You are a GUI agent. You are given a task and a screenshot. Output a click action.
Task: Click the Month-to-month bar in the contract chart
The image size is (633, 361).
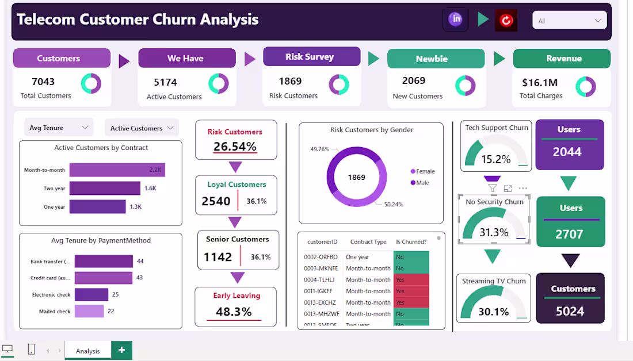click(x=117, y=170)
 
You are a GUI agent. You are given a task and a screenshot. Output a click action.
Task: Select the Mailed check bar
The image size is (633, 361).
click(x=89, y=311)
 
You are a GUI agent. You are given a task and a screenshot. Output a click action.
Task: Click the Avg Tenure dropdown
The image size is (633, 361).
click(x=58, y=128)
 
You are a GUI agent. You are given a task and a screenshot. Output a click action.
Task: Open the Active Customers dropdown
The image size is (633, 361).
click(x=141, y=128)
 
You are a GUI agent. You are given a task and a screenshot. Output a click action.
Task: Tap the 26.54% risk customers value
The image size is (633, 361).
click(x=235, y=147)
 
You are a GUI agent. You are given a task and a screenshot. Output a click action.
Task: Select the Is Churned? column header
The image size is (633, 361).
click(x=411, y=241)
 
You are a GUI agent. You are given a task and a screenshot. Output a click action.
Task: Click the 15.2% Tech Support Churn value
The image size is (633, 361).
click(x=495, y=159)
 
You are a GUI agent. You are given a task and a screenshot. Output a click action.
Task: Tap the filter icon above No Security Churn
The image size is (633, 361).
click(x=492, y=188)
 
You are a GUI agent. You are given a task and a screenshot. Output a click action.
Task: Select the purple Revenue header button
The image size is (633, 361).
click(x=561, y=58)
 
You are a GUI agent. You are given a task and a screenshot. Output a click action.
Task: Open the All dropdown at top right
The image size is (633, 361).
click(x=569, y=21)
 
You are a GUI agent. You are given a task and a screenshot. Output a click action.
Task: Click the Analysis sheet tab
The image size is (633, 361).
click(x=87, y=351)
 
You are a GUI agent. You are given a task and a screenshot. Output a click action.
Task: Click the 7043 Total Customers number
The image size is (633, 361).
click(x=43, y=82)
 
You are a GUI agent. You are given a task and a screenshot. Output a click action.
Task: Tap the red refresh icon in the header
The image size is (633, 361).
click(x=506, y=21)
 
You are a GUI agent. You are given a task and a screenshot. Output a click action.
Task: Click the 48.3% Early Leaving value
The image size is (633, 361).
click(x=234, y=312)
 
